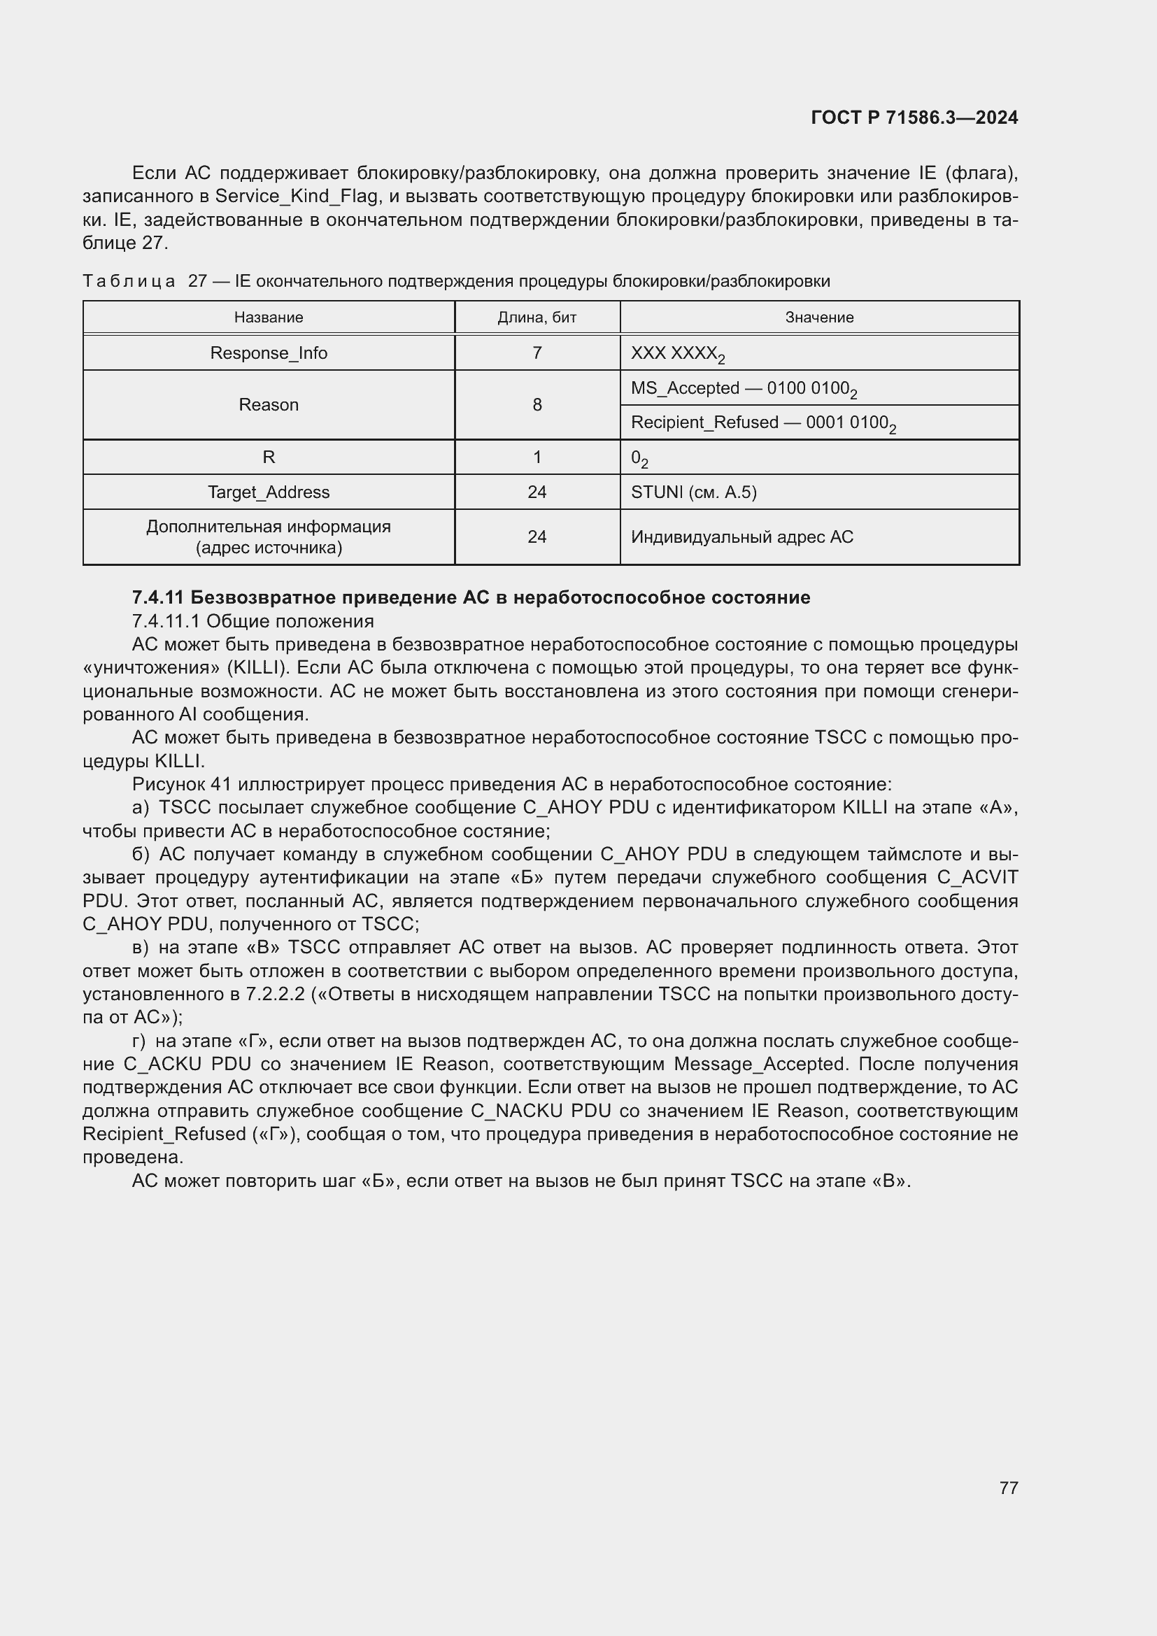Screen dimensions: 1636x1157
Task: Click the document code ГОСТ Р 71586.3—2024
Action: point(914,118)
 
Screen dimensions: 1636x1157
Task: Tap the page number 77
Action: point(1008,1488)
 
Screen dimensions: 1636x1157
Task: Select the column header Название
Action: point(269,317)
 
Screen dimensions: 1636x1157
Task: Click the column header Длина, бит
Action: point(537,317)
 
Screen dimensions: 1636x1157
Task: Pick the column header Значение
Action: point(819,317)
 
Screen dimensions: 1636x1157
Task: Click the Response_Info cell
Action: point(269,353)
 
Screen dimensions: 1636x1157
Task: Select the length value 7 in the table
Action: point(537,353)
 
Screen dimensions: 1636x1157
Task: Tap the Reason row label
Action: point(269,405)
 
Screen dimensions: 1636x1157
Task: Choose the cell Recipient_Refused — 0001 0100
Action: point(762,422)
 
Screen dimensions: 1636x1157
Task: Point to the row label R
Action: point(269,457)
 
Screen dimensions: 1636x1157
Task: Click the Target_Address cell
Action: point(269,492)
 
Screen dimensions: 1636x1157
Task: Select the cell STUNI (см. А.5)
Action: point(693,492)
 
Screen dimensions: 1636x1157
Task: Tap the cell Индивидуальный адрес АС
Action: point(741,536)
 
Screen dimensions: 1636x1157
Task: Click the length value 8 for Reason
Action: point(537,405)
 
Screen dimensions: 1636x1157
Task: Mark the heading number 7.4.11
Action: point(158,597)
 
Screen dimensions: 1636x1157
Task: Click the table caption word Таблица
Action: point(129,281)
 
